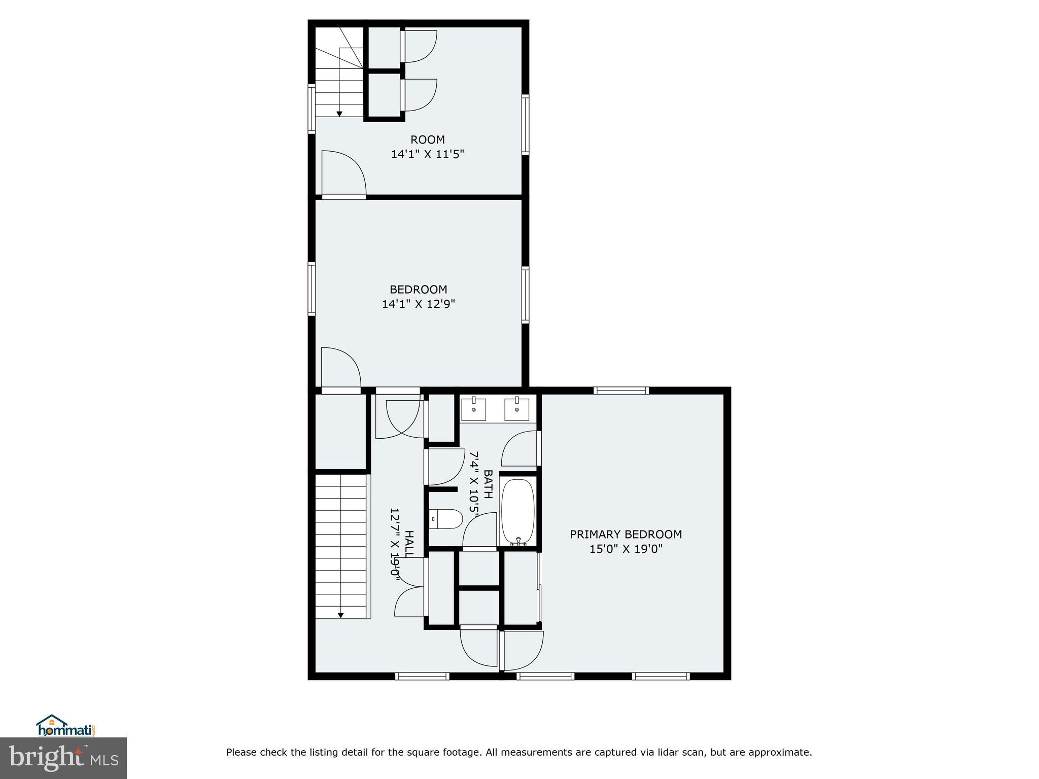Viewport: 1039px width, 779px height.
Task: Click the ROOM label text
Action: pos(427,139)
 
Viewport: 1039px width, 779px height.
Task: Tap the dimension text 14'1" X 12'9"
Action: pos(418,304)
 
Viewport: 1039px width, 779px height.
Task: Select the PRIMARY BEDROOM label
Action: pos(626,534)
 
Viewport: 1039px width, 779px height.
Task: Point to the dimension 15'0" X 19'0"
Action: pos(626,549)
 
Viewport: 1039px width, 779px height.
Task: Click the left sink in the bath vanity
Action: pos(474,408)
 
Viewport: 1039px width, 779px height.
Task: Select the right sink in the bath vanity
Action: pos(517,408)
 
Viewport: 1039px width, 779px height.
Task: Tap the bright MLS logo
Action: pos(63,758)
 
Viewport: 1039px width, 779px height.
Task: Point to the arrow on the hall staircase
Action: pos(341,615)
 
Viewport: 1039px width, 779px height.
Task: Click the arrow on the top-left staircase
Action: pos(339,113)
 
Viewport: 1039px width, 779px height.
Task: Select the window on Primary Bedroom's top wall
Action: pos(621,390)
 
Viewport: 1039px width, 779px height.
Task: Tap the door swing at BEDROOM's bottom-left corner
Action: pos(339,368)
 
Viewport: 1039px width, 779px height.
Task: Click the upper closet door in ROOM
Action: pos(419,47)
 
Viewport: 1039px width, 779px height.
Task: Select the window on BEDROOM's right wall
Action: pos(525,295)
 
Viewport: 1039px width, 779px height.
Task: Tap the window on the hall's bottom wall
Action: pos(422,676)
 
